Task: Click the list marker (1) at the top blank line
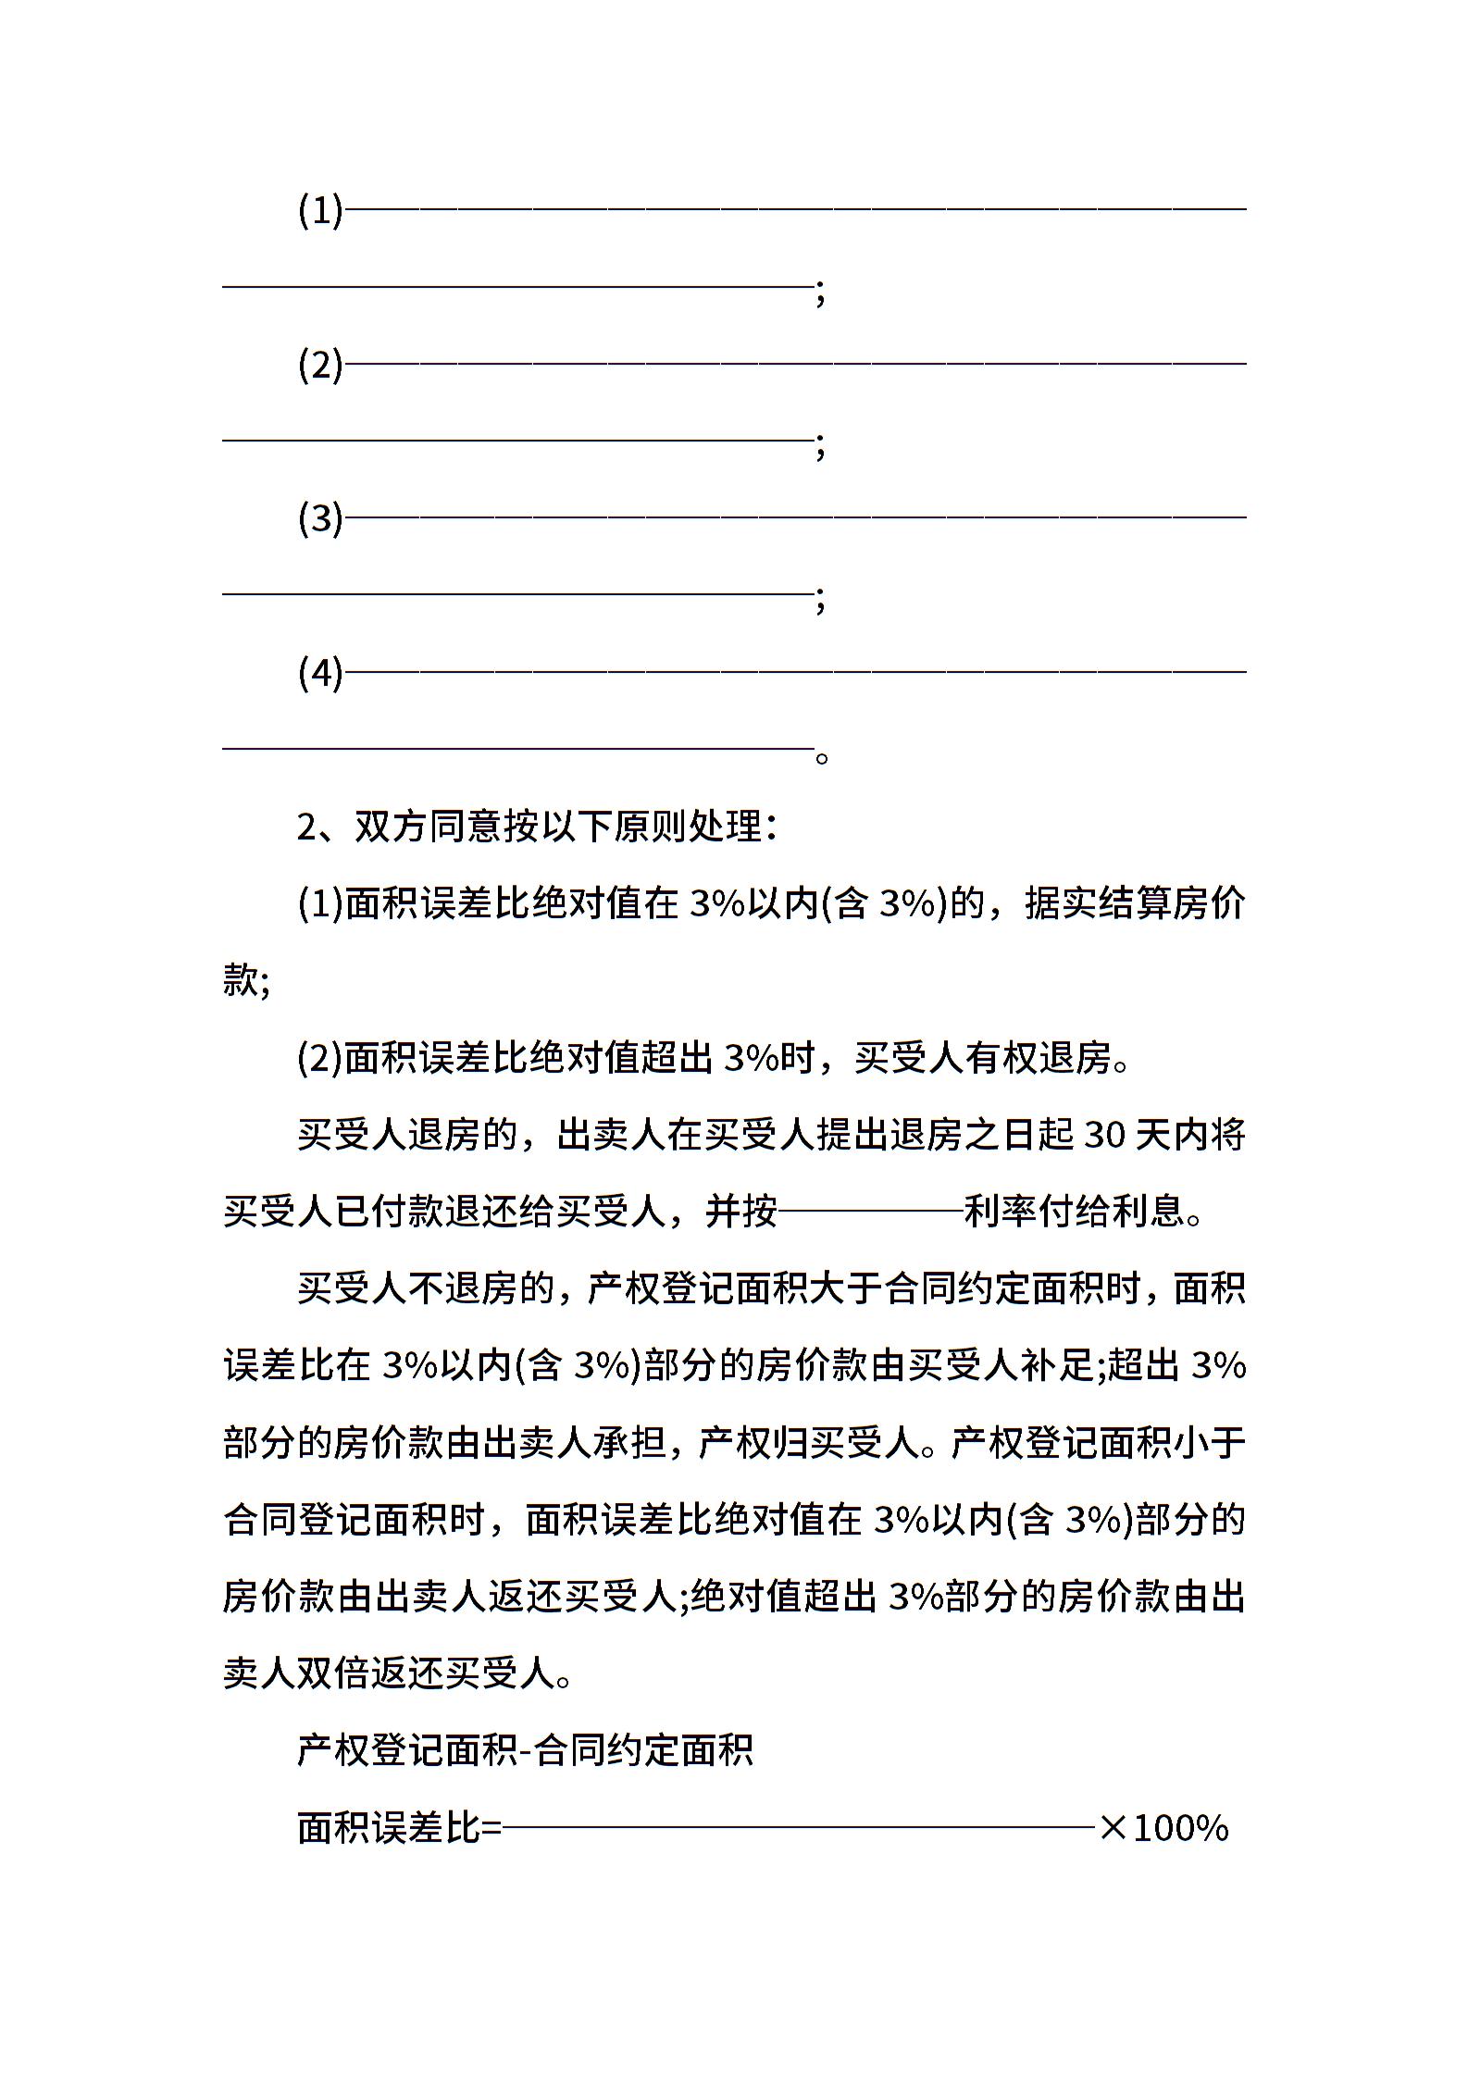tap(320, 211)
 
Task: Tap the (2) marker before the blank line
tap(320, 365)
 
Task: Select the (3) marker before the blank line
tap(320, 518)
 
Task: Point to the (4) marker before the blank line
tap(320, 672)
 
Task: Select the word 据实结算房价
tap(1135, 903)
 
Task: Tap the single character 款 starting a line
tap(241, 979)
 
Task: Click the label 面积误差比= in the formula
tap(399, 1827)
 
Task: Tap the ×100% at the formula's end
tap(1163, 1827)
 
